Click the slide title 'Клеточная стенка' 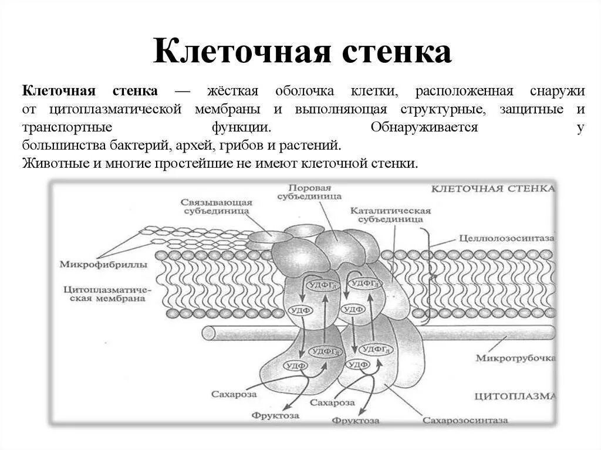click(302, 52)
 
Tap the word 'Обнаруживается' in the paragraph click(424, 128)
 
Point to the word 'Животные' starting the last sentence click(55, 164)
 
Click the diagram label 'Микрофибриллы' click(103, 264)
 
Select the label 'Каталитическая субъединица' click(390, 215)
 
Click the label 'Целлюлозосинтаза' click(507, 239)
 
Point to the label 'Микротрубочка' click(515, 357)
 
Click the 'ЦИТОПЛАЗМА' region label click(514, 396)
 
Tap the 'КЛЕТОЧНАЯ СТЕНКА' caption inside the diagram click(493, 189)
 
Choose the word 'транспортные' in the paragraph click(60, 128)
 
